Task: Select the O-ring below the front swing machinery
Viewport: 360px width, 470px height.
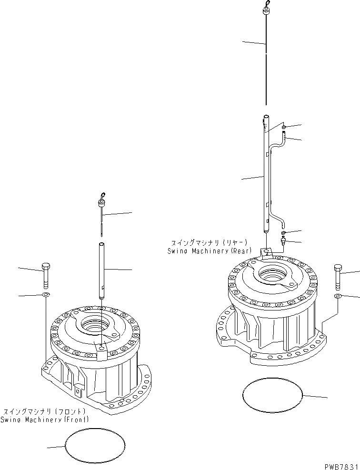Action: point(95,446)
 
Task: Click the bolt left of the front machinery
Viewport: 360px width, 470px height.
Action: point(46,276)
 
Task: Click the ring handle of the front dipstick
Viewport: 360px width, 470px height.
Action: point(102,195)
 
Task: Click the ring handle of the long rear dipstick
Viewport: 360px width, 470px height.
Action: point(265,4)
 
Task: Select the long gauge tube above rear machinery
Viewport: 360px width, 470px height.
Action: point(266,176)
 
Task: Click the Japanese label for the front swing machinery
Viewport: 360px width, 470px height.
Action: point(44,411)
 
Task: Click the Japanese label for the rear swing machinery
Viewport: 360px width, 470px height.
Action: point(203,241)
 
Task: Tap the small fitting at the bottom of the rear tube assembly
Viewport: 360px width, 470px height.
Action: point(284,242)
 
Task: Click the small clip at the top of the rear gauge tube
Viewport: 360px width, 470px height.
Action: point(284,127)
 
